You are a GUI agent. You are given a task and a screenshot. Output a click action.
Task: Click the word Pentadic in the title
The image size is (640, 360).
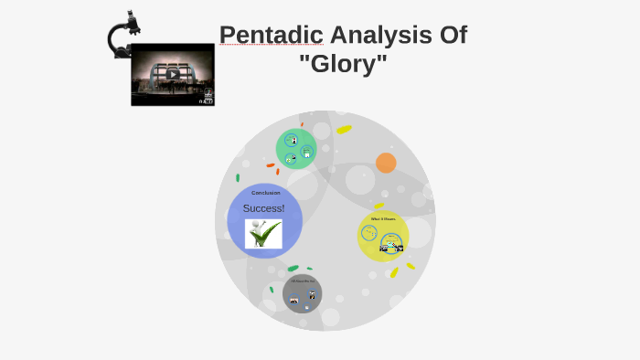click(x=271, y=36)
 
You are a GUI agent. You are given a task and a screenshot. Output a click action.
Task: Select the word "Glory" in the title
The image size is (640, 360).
click(x=343, y=65)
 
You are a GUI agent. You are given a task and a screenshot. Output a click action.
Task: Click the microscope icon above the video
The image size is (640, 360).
click(x=122, y=33)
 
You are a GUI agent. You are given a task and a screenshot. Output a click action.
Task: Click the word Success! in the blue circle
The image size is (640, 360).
click(x=263, y=208)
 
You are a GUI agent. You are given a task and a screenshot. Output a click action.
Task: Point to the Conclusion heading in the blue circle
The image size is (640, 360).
click(x=266, y=193)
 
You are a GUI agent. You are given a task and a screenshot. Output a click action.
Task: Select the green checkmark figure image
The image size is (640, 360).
click(x=263, y=235)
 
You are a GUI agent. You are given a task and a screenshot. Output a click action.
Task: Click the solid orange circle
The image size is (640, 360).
click(x=386, y=163)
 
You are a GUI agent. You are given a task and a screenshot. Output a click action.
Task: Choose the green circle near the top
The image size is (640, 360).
click(x=296, y=148)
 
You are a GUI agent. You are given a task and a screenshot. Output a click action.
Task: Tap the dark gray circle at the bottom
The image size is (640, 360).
click(x=303, y=293)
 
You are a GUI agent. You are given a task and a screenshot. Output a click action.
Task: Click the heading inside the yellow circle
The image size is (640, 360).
click(x=383, y=219)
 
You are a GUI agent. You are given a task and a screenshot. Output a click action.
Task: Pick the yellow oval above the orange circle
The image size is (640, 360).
click(x=344, y=130)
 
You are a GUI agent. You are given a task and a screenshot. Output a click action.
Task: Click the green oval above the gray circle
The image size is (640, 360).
click(x=293, y=269)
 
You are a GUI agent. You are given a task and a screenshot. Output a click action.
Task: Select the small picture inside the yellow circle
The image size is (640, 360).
click(x=391, y=245)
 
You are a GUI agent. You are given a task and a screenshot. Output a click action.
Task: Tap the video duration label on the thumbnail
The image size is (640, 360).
click(x=207, y=101)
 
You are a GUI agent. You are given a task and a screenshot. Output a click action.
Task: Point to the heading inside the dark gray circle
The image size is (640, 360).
click(x=303, y=281)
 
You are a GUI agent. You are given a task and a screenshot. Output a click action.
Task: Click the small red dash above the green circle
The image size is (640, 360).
click(x=302, y=124)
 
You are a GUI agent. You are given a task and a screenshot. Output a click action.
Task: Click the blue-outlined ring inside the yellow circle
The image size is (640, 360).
click(x=369, y=234)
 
